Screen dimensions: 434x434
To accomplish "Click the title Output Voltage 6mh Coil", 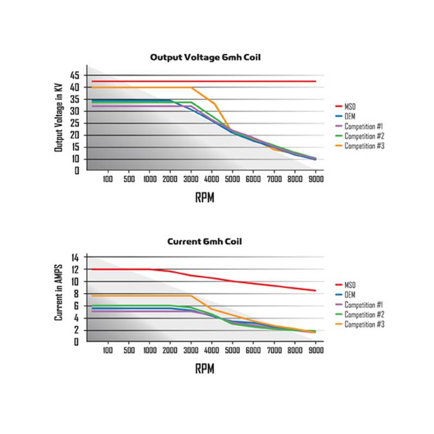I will click(206, 57).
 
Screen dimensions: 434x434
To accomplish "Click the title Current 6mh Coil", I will click(206, 241).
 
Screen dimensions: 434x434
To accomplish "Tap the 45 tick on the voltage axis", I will click(75, 75).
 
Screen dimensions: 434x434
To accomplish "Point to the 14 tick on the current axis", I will click(75, 257).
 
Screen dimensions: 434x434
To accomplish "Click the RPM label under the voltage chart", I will click(205, 197).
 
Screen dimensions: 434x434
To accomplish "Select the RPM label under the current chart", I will click(205, 369).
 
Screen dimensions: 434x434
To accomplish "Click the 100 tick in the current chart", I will click(107, 350).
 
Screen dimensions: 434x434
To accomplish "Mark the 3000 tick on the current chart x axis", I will click(190, 350).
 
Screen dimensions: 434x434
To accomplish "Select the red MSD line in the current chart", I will click(244, 282).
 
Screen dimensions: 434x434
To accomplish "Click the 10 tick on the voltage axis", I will click(75, 159).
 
